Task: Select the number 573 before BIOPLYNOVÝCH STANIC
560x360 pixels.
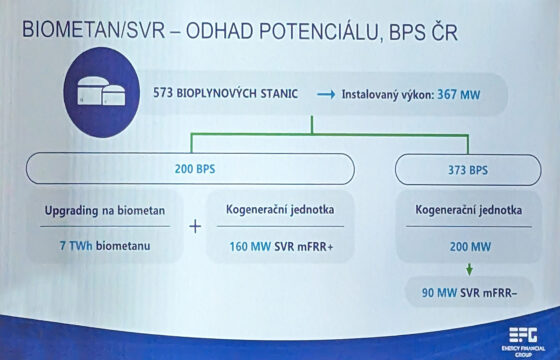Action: (x=166, y=96)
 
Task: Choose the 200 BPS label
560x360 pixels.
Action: (x=194, y=168)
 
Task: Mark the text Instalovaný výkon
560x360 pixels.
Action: (x=388, y=96)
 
